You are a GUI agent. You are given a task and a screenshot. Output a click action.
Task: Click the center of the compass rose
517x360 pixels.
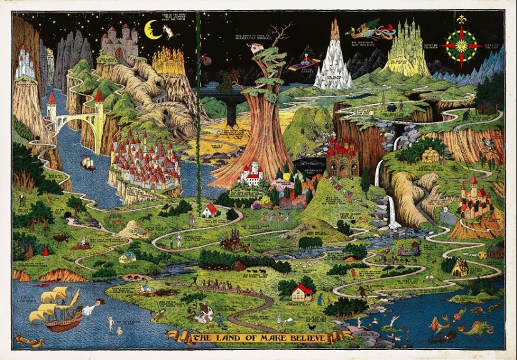[x=462, y=46]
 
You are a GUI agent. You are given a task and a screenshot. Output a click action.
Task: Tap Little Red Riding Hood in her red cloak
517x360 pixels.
[x=46, y=251]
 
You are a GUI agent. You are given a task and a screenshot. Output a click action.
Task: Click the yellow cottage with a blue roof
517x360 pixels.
[x=128, y=257]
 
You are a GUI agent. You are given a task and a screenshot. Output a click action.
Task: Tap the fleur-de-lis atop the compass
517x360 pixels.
[x=462, y=20]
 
